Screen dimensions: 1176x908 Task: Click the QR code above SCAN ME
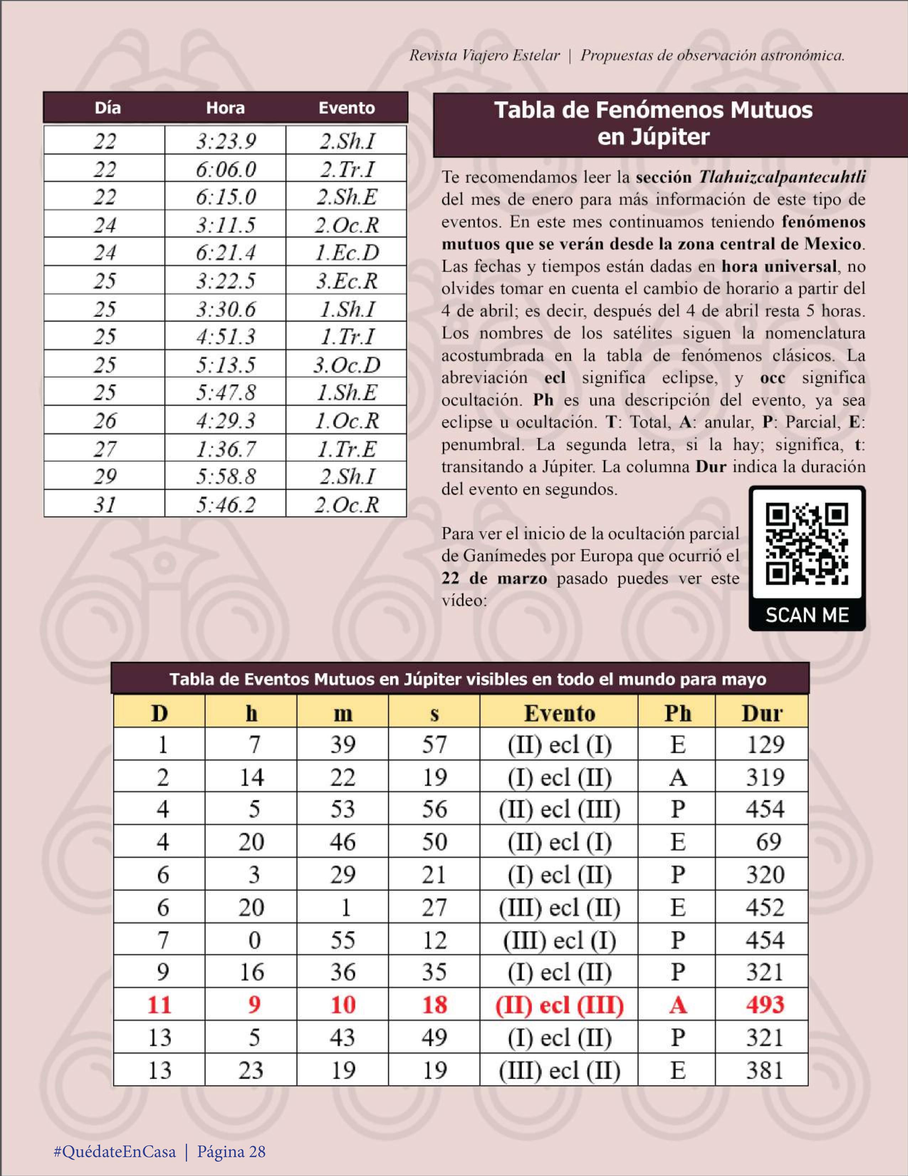pos(807,544)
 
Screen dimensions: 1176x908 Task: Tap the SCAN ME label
pos(807,615)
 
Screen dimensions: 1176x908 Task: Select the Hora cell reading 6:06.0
pos(225,169)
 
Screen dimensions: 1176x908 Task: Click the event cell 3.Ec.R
pos(346,280)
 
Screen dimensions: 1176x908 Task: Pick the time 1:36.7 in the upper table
pos(225,449)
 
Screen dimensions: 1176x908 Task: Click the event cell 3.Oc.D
pos(346,364)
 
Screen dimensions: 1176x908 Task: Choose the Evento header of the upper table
pos(346,108)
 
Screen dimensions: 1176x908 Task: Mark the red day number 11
pos(159,1005)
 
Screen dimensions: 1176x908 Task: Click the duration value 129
pos(765,745)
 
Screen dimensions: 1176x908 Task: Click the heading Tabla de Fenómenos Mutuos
pos(653,110)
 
